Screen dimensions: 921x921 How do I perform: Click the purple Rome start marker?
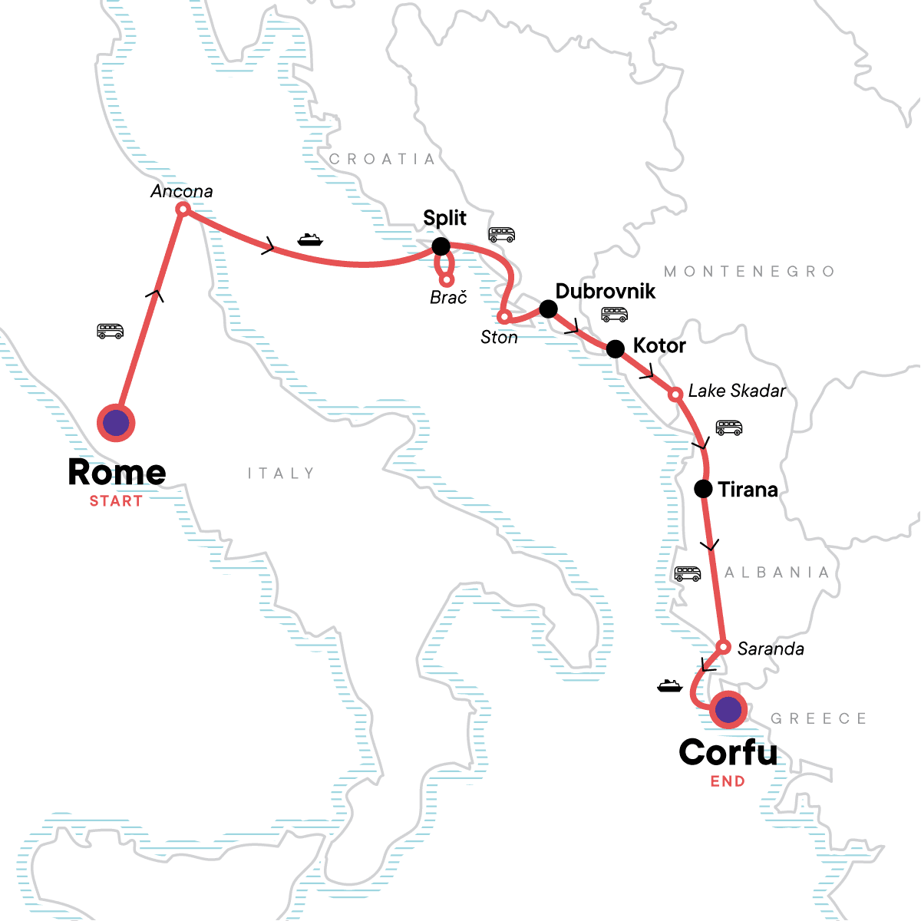[116, 423]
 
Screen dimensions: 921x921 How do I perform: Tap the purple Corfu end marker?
[728, 710]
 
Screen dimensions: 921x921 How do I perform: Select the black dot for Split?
[441, 246]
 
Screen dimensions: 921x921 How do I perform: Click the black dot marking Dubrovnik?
[548, 309]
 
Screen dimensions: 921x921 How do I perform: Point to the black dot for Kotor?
[616, 349]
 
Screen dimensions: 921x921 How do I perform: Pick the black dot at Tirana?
[703, 489]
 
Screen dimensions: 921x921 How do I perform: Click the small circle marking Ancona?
[183, 209]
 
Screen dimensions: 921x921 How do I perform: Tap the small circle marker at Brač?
[447, 279]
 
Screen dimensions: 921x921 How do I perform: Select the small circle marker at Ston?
[504, 316]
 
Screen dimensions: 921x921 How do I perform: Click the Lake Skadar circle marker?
[675, 394]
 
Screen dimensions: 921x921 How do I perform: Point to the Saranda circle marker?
[722, 646]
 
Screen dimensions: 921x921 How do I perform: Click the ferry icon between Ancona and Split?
[310, 239]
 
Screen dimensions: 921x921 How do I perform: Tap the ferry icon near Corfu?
[670, 685]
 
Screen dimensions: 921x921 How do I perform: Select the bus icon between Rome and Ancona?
[111, 331]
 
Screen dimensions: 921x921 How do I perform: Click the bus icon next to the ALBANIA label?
[687, 573]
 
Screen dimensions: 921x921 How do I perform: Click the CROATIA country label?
[382, 159]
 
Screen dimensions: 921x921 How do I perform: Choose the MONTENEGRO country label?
[749, 271]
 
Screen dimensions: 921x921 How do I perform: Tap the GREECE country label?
[818, 718]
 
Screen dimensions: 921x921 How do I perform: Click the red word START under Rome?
[116, 501]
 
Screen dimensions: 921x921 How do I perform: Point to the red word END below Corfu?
[728, 781]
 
